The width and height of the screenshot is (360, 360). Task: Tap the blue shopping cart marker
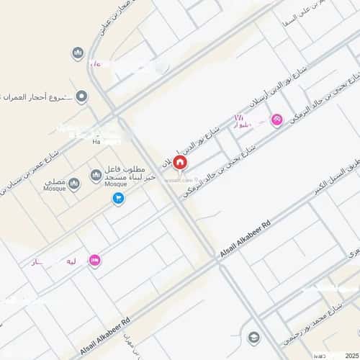pos(118,198)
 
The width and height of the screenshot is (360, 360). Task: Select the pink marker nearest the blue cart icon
pos(94,260)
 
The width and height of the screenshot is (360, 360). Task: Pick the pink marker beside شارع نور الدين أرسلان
pos(276,120)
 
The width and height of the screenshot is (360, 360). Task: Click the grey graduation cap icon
pos(253,336)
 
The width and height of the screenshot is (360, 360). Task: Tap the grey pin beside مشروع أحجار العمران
pos(81,96)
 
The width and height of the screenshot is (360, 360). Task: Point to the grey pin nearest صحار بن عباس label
pos(78,53)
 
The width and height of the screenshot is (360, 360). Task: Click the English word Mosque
pos(115,184)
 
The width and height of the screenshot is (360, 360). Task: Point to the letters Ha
pos(96,142)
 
